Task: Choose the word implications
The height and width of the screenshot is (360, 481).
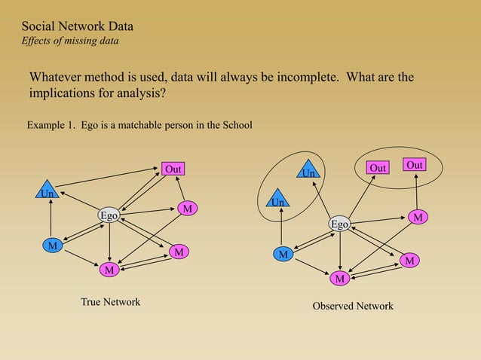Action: [64, 95]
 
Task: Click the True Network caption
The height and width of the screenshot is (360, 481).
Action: [110, 302]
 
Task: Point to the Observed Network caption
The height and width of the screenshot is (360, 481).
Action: [353, 307]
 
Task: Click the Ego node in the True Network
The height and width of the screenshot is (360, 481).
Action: [109, 215]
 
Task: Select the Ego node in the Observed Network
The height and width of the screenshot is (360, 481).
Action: [340, 224]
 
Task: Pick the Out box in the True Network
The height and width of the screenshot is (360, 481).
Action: [173, 169]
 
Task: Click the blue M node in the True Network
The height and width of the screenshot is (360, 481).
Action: [51, 246]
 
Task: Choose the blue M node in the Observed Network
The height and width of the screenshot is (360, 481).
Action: [283, 255]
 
